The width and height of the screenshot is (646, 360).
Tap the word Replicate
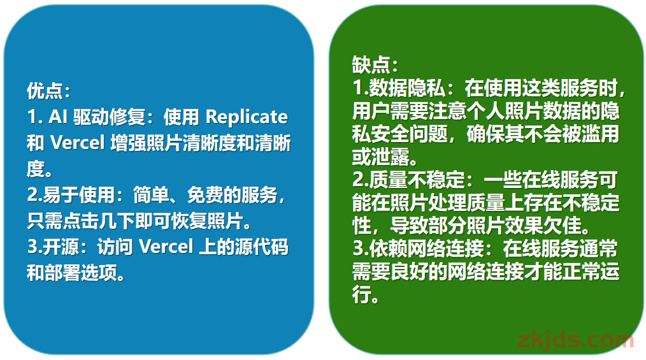pyautogui.click(x=247, y=117)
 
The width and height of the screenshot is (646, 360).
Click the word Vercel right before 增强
pyautogui.click(x=78, y=143)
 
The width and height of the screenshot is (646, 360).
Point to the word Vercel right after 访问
pyautogui.click(x=166, y=247)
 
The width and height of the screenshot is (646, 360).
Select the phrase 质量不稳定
pyautogui.click(x=416, y=179)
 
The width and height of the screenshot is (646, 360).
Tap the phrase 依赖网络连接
pyautogui.click(x=426, y=248)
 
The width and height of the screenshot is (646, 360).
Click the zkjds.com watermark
pyautogui.click(x=575, y=340)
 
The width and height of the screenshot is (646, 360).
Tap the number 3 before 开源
pyautogui.click(x=32, y=247)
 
